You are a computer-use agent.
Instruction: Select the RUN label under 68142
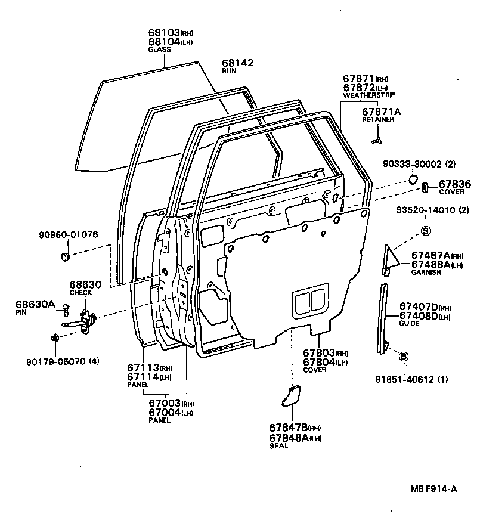pyautogui.click(x=230, y=70)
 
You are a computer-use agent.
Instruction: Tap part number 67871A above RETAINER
pyautogui.click(x=381, y=112)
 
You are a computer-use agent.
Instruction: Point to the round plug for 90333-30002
pyautogui.click(x=414, y=179)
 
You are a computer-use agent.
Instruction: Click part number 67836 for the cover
pyautogui.click(x=455, y=185)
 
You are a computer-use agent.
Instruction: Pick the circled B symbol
pyautogui.click(x=403, y=356)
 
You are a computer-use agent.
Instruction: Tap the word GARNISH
pyautogui.click(x=425, y=273)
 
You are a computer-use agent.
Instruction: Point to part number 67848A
pyautogui.click(x=288, y=438)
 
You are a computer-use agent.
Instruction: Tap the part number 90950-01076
pyautogui.click(x=74, y=234)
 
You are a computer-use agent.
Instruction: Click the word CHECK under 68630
pyautogui.click(x=80, y=293)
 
